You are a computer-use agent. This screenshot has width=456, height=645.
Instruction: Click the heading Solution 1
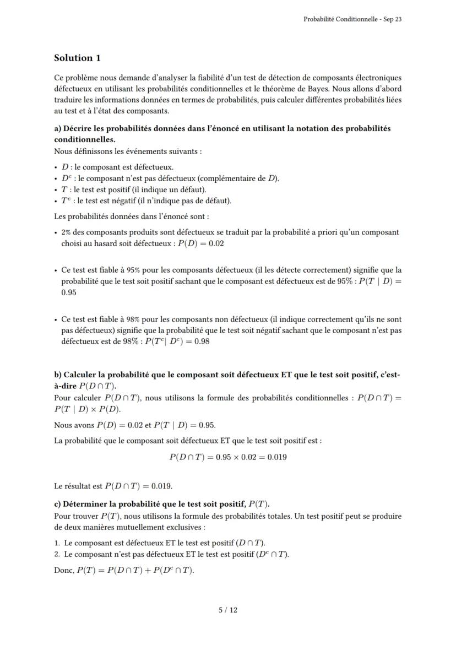point(77,58)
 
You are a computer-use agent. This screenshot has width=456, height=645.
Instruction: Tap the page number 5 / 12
point(228,610)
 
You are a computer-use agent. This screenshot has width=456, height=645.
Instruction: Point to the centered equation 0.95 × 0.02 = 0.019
point(228,457)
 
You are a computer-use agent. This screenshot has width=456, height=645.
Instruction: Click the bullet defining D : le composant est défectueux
point(117,167)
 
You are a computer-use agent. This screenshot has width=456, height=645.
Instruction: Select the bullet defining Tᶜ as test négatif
point(145,200)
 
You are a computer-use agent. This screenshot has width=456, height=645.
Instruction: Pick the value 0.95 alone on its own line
point(69,292)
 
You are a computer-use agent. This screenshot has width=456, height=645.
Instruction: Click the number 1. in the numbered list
point(58,543)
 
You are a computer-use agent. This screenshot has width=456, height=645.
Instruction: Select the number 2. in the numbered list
point(58,554)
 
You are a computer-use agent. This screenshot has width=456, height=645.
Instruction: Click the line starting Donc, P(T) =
point(124,570)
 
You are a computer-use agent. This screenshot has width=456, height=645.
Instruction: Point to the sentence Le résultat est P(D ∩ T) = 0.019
point(113,486)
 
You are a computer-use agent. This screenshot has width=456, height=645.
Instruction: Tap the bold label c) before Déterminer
point(58,504)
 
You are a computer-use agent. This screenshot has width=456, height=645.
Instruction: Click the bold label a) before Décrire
point(58,128)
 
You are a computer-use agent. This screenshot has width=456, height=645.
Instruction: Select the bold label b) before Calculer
point(58,375)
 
